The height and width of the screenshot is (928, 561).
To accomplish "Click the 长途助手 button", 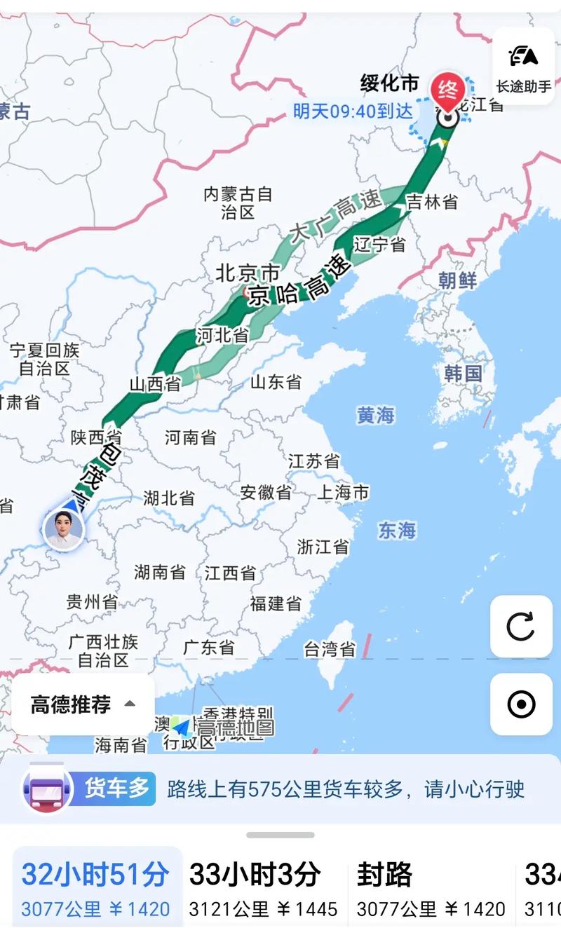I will (523, 67).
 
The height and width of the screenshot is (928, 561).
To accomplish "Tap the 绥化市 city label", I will (390, 84).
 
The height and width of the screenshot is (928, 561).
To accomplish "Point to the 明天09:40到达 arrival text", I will (353, 111).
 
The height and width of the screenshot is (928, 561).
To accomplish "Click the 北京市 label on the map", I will (248, 273).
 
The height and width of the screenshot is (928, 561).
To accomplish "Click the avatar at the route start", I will (64, 528).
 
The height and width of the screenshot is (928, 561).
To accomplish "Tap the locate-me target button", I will (521, 704).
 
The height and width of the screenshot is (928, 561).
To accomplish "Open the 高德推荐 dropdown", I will (83, 704).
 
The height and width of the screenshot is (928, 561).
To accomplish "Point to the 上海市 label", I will (343, 493).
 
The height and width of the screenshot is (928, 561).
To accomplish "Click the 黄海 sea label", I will (376, 416).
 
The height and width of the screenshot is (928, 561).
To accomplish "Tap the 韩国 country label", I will (464, 373).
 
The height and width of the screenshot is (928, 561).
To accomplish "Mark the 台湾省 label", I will (330, 650).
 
